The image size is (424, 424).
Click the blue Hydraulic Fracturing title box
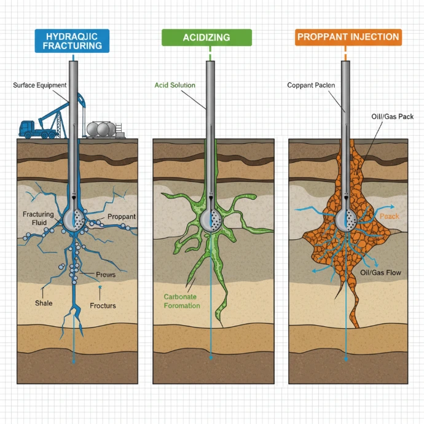[72, 41]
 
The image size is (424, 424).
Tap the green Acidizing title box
[206, 37]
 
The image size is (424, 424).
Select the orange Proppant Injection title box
[348, 37]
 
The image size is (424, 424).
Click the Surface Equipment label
[39, 85]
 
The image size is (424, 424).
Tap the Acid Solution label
[175, 85]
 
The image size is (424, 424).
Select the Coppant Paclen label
[311, 85]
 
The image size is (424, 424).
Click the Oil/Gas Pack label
[393, 117]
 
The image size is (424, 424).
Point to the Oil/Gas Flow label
[380, 273]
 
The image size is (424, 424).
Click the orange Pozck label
[390, 216]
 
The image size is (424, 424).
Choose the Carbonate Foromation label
[182, 301]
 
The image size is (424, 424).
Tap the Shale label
[44, 303]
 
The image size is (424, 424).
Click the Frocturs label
[103, 305]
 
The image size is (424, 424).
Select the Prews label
[106, 275]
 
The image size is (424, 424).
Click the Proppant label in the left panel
[122, 216]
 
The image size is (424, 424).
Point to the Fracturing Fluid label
[38, 219]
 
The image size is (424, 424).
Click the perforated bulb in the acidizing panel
[211, 221]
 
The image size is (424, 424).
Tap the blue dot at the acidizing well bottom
[211, 358]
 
